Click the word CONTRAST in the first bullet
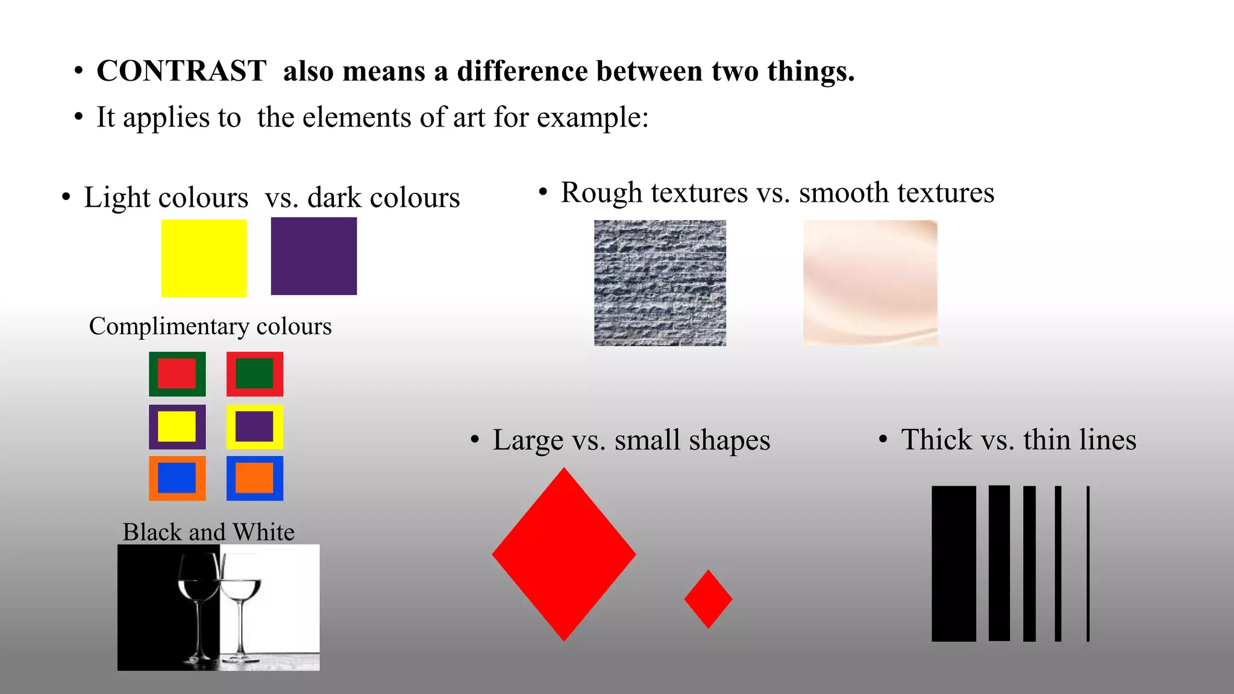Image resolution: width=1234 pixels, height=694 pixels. (181, 71)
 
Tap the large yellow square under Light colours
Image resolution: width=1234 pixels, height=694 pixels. (204, 258)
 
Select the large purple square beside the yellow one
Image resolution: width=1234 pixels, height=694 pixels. (313, 256)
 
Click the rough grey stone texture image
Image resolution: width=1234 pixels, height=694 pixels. (660, 283)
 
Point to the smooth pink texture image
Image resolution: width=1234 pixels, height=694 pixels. (869, 283)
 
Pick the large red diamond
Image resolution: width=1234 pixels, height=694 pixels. (564, 554)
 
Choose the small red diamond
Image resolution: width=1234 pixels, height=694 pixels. (708, 599)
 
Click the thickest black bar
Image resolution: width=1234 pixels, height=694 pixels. (953, 563)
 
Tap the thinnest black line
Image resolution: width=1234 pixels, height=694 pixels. (1088, 563)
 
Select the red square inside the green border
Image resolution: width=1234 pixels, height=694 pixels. (177, 374)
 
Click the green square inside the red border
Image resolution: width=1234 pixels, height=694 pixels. (254, 374)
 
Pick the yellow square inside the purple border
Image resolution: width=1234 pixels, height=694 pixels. (177, 427)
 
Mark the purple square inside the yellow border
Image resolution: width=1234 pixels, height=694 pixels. (254, 427)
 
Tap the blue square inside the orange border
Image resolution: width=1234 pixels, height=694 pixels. (177, 478)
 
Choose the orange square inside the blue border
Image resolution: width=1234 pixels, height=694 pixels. (254, 478)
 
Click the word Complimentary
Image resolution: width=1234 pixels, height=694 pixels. (169, 327)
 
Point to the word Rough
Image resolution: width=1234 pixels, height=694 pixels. (593, 193)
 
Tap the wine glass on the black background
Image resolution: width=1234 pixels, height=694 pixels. (198, 602)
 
